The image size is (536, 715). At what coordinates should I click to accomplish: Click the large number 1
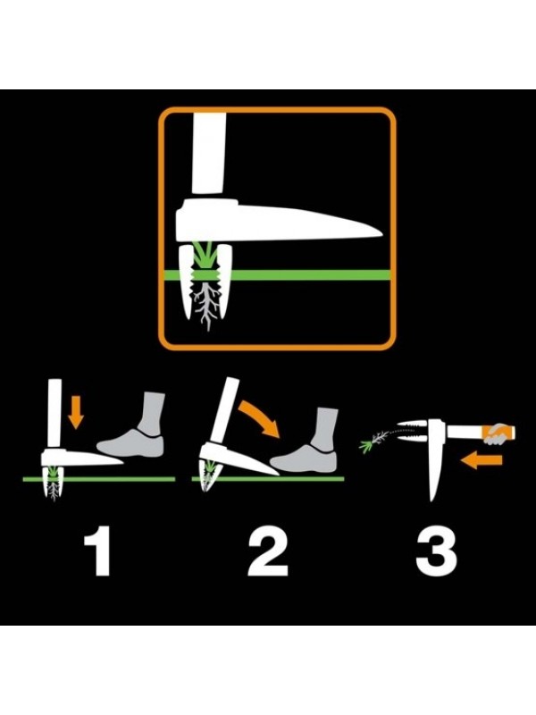99,551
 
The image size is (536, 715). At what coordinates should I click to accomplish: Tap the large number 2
268,551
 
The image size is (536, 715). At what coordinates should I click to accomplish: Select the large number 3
436,551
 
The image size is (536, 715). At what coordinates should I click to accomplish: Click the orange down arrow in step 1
76,412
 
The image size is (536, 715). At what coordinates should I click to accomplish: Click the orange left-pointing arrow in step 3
482,460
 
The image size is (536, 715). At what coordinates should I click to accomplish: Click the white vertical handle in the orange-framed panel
209,154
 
